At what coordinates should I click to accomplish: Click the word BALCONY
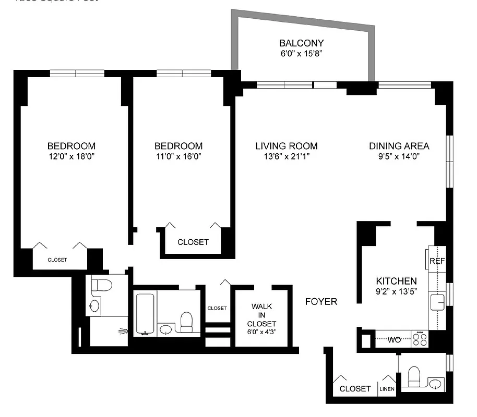point(301,43)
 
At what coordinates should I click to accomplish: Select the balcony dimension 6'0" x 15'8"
point(301,54)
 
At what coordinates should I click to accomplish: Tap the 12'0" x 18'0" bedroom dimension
point(71,156)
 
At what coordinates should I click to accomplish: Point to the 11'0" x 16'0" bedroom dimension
point(178,156)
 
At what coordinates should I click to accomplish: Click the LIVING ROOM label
point(287,146)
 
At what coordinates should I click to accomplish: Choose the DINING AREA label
point(399,146)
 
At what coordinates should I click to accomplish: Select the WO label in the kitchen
point(394,340)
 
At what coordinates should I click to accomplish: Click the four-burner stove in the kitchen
point(420,339)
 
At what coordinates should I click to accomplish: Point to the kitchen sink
point(436,301)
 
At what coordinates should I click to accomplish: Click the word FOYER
point(321,301)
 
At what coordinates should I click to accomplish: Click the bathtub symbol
point(145,314)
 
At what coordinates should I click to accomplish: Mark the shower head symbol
point(123,330)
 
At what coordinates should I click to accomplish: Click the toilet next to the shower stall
point(101,286)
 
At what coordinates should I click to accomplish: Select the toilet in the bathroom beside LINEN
point(414,376)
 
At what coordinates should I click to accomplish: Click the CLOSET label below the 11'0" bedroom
point(193,242)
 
